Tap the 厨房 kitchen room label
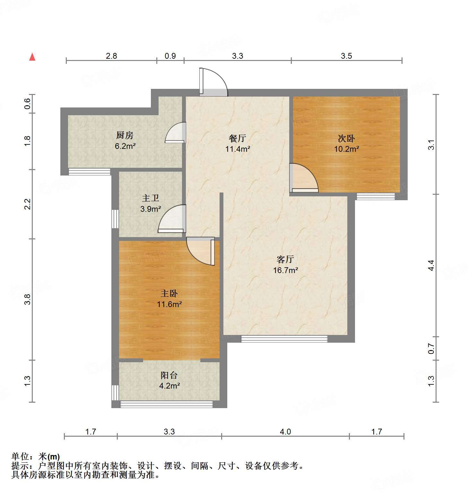click(125, 135)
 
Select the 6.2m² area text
click(125, 146)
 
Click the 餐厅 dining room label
click(238, 138)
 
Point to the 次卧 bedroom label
click(346, 138)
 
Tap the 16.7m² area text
click(286, 270)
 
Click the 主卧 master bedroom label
click(169, 293)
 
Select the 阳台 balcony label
click(169, 375)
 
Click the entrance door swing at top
click(213, 82)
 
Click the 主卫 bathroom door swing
click(172, 219)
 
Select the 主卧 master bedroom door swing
click(200, 251)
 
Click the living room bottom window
click(284, 339)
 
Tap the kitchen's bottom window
click(90, 172)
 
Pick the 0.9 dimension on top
click(170, 56)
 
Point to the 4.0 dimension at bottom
click(285, 432)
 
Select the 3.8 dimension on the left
click(28, 299)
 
